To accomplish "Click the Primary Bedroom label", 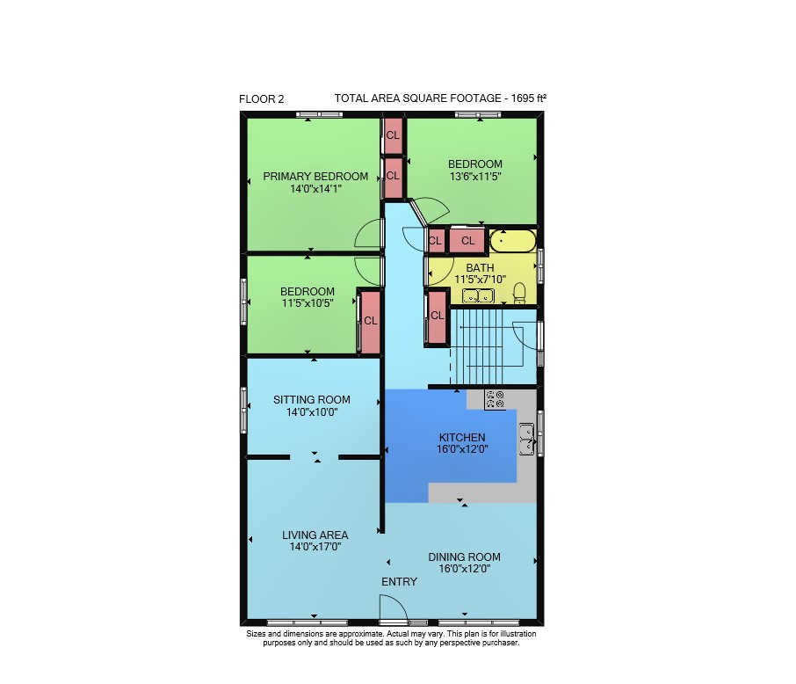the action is click(315, 177).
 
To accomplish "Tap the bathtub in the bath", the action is click(513, 241).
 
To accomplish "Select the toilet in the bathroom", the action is click(519, 293).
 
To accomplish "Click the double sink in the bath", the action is click(478, 295).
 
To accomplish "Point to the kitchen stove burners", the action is click(495, 399).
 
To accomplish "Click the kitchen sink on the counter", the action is click(526, 439).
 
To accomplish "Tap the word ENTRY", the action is click(400, 582).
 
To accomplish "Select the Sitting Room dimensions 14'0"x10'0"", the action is click(312, 412).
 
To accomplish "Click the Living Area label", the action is click(315, 535).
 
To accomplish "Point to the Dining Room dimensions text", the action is click(465, 569).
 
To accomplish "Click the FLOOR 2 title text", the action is click(262, 99).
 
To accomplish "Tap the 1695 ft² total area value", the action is click(528, 98).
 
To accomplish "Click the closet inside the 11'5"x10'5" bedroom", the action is click(371, 321).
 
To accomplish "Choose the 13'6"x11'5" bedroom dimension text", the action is click(475, 177).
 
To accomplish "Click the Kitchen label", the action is click(462, 437).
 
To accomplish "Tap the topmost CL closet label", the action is click(393, 135).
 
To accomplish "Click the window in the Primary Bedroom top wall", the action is click(319, 115).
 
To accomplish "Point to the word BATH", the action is click(481, 267).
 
